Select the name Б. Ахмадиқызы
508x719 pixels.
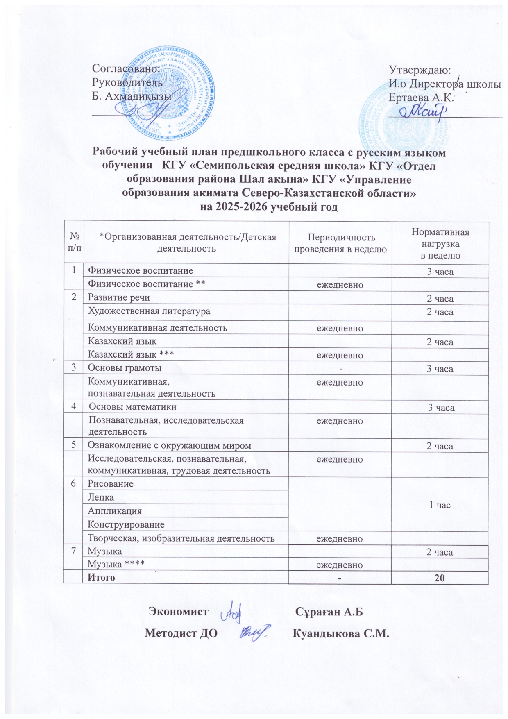(x=132, y=96)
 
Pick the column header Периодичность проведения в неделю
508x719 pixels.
(x=340, y=243)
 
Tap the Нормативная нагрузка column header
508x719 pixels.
(x=440, y=244)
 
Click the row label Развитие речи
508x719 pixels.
(x=119, y=297)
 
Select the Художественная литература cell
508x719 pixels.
(x=149, y=311)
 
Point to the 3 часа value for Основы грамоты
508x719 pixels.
(x=440, y=369)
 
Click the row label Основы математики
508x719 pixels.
(x=133, y=407)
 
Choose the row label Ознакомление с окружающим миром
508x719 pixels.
(x=170, y=445)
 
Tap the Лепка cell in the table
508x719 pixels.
(x=101, y=497)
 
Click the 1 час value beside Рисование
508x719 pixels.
(x=440, y=505)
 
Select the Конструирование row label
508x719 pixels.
(x=126, y=524)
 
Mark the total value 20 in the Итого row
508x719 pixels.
(x=440, y=578)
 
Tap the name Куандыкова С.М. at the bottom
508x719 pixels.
(x=340, y=633)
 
